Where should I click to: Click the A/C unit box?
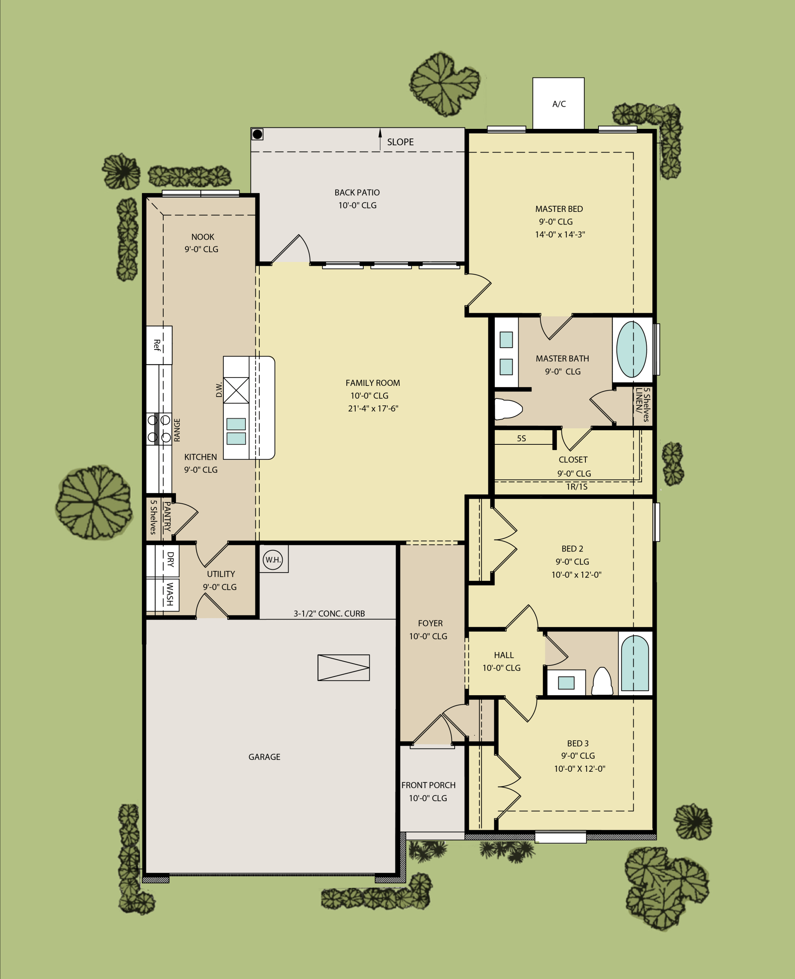(558, 104)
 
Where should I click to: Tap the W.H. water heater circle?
(273, 559)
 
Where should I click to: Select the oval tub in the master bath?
(631, 350)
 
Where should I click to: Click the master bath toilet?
(508, 409)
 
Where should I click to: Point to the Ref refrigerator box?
(159, 345)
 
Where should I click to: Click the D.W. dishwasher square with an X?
(236, 390)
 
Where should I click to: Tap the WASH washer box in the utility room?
(163, 595)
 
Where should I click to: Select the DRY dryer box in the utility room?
(163, 561)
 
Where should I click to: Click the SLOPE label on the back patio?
(400, 142)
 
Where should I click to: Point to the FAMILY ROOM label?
(373, 383)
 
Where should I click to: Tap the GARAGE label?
(264, 757)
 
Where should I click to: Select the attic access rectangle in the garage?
(343, 668)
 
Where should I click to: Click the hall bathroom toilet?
(602, 681)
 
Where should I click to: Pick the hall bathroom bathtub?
(635, 663)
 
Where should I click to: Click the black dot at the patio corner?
(257, 134)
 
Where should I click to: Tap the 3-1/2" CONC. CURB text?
(329, 613)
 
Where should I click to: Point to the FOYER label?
(431, 623)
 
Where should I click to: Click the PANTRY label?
(167, 517)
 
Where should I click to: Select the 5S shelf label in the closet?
(521, 438)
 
